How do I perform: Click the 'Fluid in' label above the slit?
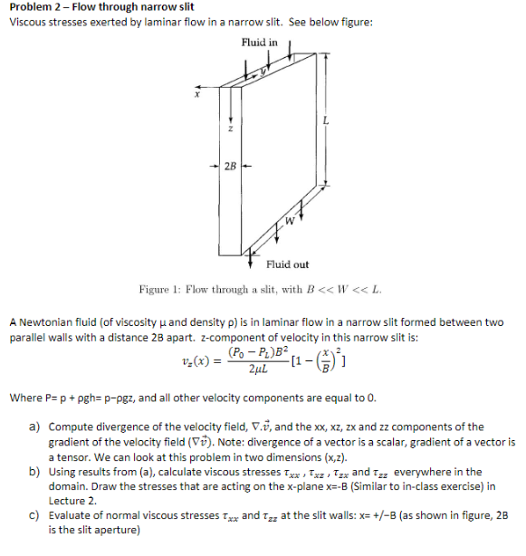coord(259,43)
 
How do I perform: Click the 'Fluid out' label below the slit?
coord(288,264)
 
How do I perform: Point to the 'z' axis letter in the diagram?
coord(232,129)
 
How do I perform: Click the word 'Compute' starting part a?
coord(72,427)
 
